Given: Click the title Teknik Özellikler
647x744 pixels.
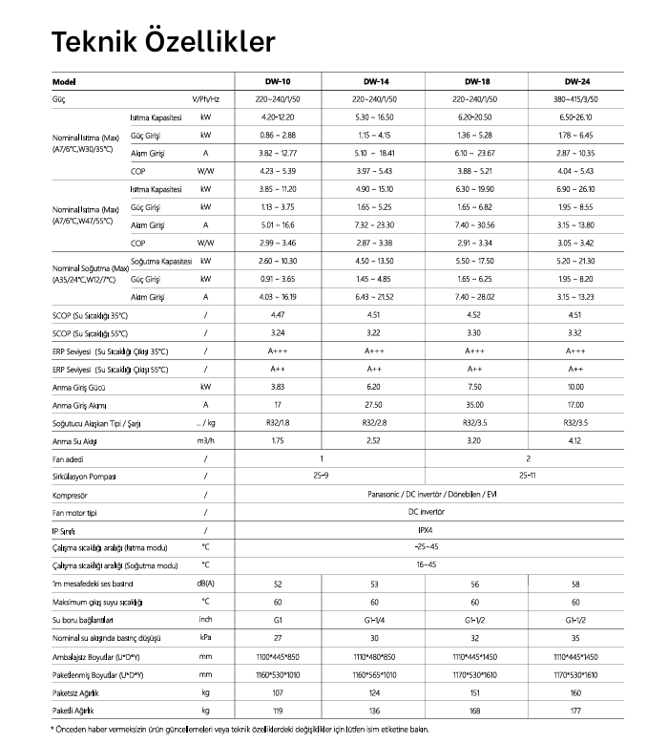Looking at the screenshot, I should point(163,41).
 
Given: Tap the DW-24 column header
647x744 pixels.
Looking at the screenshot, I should point(575,80).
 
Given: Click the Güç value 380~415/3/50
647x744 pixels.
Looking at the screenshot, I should point(575,98).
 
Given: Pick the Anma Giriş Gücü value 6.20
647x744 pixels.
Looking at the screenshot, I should point(373,387).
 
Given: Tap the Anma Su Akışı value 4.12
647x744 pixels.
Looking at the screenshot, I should point(575,440).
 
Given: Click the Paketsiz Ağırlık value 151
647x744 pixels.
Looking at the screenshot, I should point(476,691).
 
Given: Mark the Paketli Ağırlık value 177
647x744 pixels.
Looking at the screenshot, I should point(575,710).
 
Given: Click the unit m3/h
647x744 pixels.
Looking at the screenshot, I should point(205,440).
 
